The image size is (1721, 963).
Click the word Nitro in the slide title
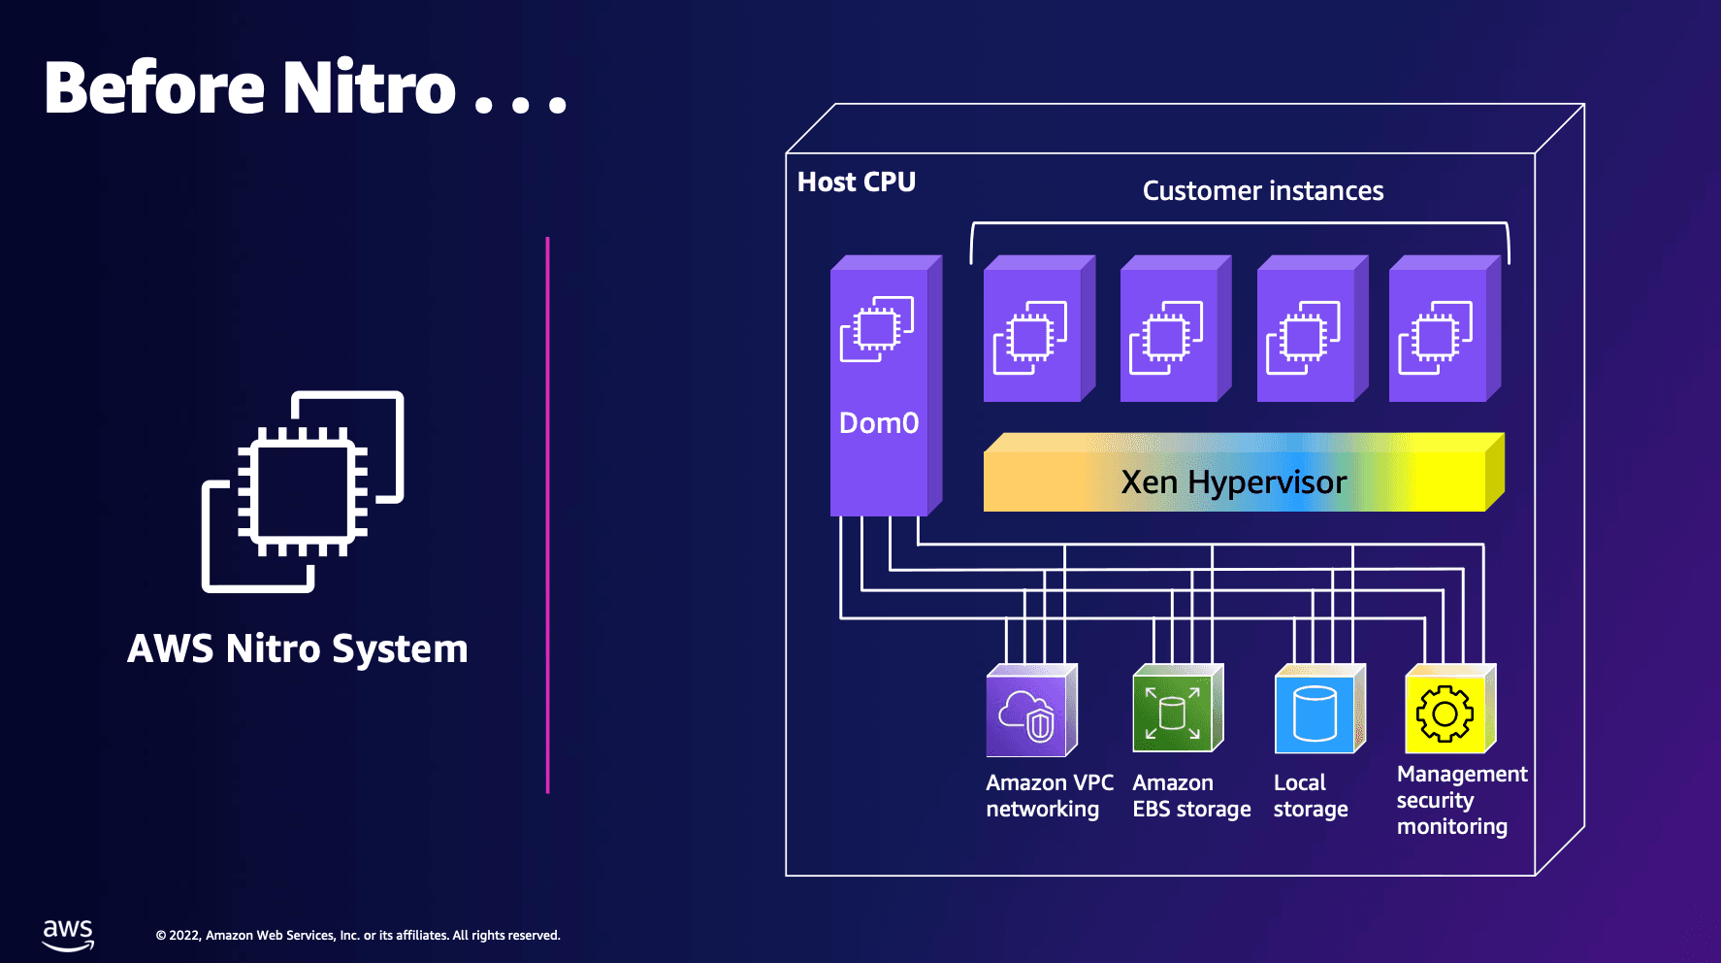(369, 88)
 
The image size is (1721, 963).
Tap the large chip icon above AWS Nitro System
(303, 491)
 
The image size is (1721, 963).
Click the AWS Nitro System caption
(298, 648)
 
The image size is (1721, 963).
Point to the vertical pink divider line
(548, 515)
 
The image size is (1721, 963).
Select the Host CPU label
(856, 182)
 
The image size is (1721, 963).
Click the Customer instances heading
(1262, 190)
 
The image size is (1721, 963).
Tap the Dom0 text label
(878, 423)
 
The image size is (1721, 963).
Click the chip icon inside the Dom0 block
(877, 329)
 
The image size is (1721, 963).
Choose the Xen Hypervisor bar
(1234, 481)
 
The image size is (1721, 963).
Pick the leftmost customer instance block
(1034, 331)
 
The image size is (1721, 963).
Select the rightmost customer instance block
(1440, 331)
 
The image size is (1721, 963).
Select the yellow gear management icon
(1445, 714)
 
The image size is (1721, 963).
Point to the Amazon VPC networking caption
(1048, 796)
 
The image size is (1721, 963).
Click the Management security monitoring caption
(1460, 800)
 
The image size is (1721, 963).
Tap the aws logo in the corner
(68, 934)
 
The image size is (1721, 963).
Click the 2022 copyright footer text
(358, 936)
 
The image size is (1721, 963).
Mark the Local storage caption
(1310, 796)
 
